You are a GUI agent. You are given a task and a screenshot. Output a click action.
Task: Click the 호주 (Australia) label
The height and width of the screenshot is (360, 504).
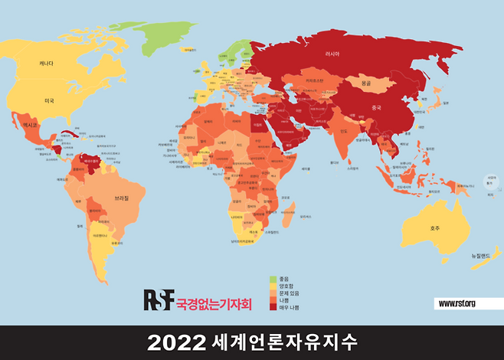coord(435,227)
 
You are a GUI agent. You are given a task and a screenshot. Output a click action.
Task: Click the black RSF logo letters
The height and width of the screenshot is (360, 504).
coord(159,299)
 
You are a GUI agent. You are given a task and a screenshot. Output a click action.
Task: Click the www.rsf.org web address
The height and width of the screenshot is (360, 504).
coord(457,304)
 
